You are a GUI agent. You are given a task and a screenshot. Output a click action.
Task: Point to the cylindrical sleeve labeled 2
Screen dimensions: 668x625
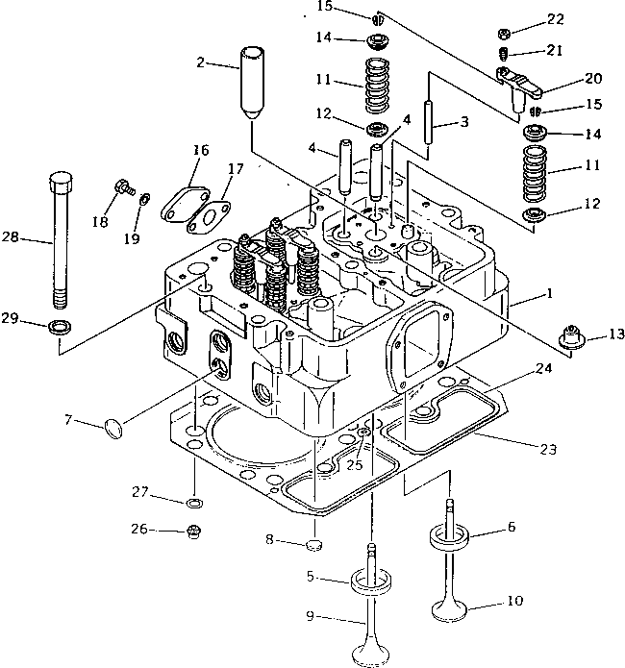coord(254,81)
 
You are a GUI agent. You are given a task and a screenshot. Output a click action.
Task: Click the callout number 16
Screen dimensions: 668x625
coord(200,150)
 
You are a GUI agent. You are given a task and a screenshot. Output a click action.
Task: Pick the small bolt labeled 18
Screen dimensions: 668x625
coord(123,187)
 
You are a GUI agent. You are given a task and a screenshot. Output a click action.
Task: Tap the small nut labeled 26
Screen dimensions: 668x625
coord(192,529)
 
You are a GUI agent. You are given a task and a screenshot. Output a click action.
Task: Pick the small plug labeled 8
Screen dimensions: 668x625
coord(312,548)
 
